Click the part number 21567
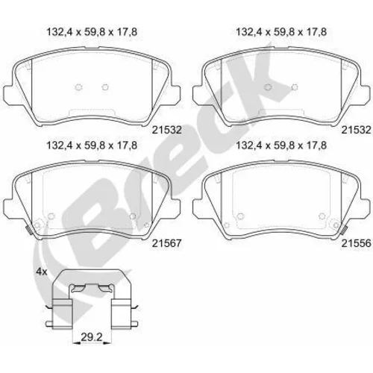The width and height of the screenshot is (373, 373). coord(167,243)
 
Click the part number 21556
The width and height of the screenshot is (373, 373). coord(356,243)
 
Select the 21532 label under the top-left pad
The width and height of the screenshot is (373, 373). coord(167,130)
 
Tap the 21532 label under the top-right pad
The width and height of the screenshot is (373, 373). coord(356,130)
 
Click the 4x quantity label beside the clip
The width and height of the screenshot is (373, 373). coord(42,272)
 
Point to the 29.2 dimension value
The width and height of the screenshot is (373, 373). coord(92,337)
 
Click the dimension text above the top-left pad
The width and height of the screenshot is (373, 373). coord(92,32)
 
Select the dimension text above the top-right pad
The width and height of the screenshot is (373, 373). coord(281,32)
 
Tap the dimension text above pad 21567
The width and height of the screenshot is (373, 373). coord(92,145)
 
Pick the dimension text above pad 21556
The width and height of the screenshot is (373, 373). coord(281,145)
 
